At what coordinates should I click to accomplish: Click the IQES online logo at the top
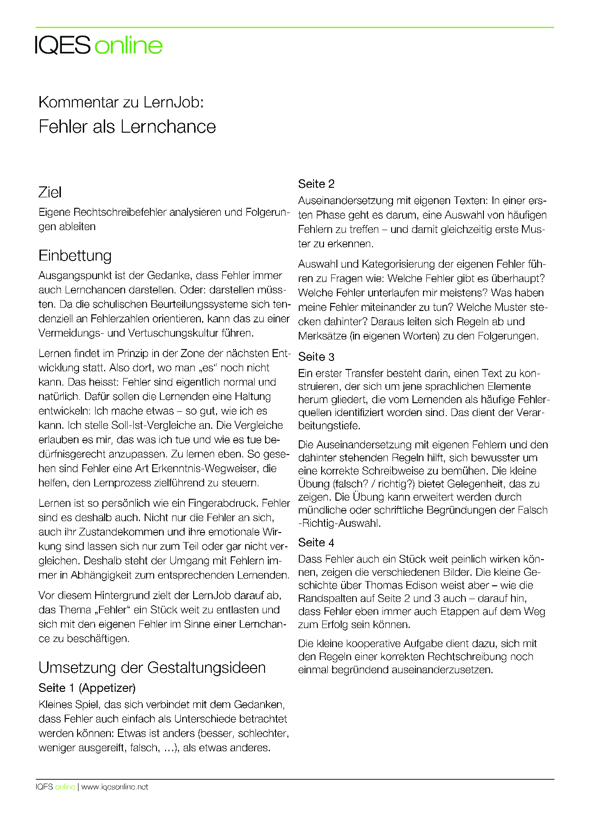99,46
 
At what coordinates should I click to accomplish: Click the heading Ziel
50,193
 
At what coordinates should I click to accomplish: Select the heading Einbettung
75,256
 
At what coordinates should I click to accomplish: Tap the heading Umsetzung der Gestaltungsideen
152,668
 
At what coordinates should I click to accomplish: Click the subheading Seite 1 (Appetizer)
87,688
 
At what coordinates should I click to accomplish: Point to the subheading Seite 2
316,184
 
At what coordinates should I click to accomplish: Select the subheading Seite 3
316,357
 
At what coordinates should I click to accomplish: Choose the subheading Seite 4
316,543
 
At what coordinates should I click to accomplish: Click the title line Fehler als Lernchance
127,126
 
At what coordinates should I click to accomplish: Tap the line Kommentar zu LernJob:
121,102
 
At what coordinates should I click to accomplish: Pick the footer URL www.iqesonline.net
115,787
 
